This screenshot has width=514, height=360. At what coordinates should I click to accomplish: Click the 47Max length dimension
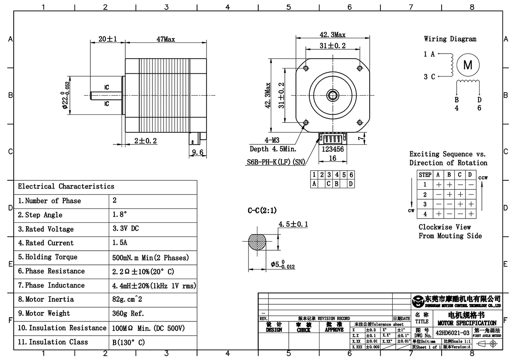pyautogui.click(x=165, y=39)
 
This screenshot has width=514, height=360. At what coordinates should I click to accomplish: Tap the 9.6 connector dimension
pyautogui.click(x=197, y=153)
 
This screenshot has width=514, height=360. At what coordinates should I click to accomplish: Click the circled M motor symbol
pyautogui.click(x=468, y=65)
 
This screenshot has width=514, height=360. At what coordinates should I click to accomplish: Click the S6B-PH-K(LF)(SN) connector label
pyautogui.click(x=276, y=162)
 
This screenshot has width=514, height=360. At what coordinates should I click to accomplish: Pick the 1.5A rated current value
pyautogui.click(x=120, y=243)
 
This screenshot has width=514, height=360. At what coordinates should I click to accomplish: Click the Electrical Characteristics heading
pyautogui.click(x=66, y=186)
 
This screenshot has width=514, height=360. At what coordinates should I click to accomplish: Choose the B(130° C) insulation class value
pyautogui.click(x=128, y=342)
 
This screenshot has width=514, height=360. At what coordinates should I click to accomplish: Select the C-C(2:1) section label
pyautogui.click(x=262, y=210)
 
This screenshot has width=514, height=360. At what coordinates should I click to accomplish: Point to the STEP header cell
pyautogui.click(x=425, y=175)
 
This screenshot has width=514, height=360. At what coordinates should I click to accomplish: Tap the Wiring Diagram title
pyautogui.click(x=450, y=39)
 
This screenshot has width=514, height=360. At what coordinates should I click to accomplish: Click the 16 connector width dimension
pyautogui.click(x=332, y=158)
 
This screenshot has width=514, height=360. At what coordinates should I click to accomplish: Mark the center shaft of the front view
pyautogui.click(x=332, y=95)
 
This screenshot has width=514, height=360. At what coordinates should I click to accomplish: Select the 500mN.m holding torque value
pyautogui.click(x=150, y=258)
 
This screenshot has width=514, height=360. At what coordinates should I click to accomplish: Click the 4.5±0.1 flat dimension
pyautogui.click(x=293, y=224)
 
